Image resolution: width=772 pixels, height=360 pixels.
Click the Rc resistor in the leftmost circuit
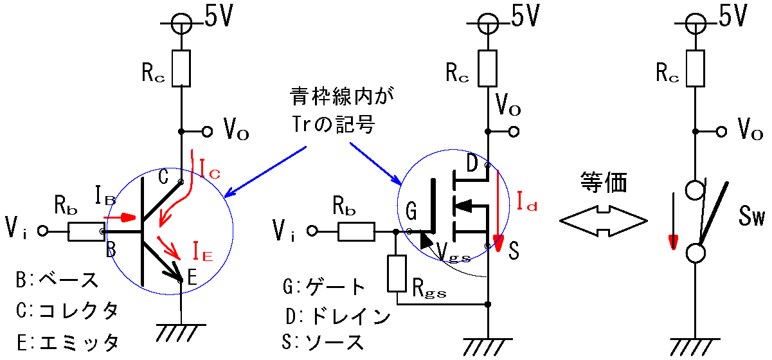183,68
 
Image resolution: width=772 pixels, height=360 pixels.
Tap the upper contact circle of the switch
695,190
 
